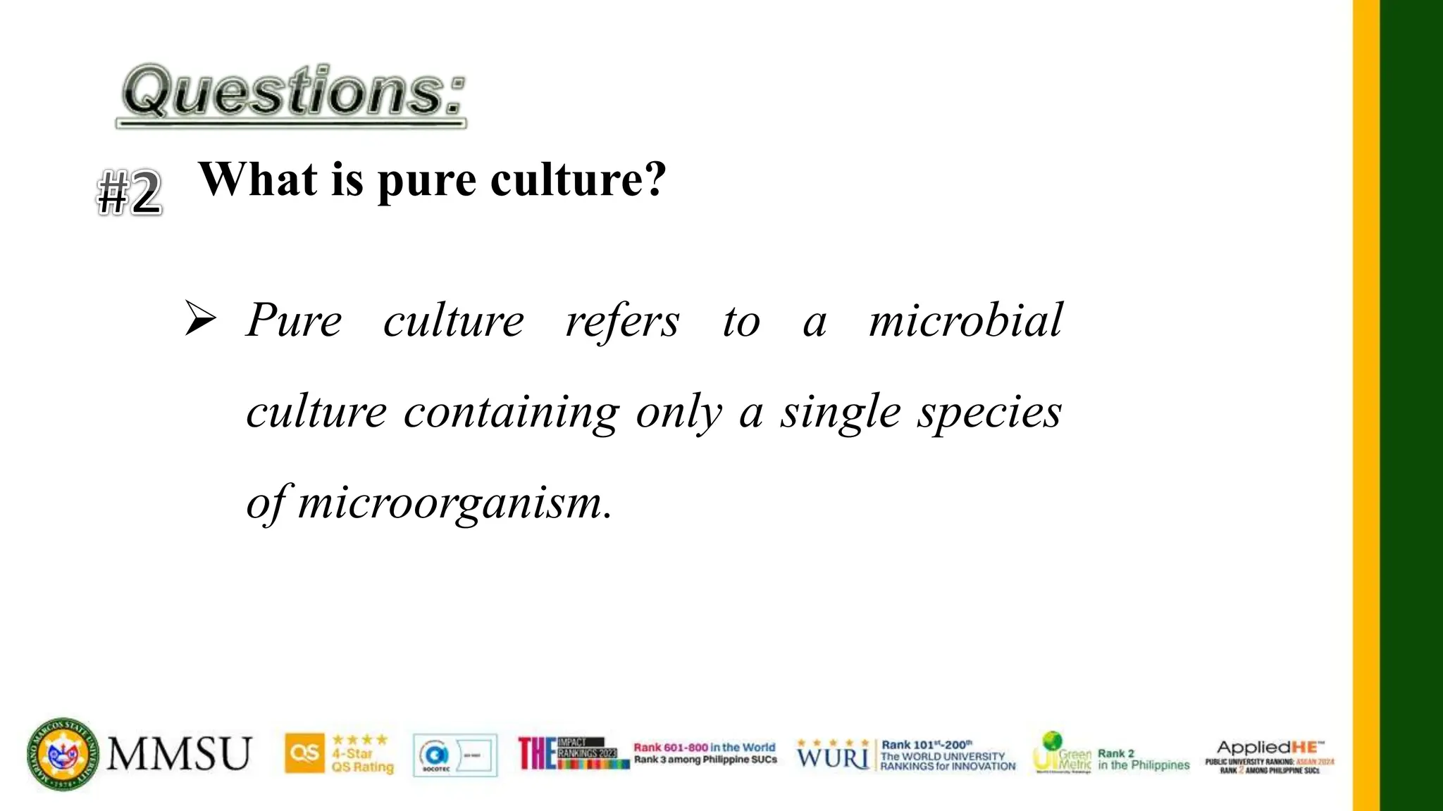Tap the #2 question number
tap(130, 192)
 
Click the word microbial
tap(965, 320)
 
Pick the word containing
tap(511, 413)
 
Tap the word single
tap(840, 413)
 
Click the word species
tap(989, 413)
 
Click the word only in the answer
tap(679, 413)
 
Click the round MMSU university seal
tap(63, 754)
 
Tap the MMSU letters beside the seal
tap(179, 754)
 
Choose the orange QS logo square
tap(304, 754)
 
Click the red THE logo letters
tap(536, 753)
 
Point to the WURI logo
tap(832, 757)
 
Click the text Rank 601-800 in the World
tap(704, 747)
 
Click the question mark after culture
tap(655, 180)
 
